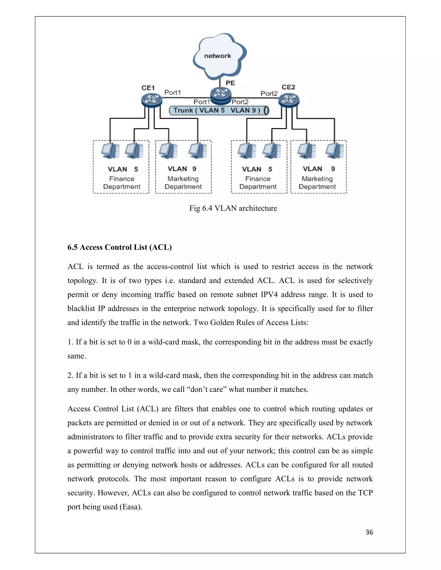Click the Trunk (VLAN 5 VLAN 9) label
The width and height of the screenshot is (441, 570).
coord(217,110)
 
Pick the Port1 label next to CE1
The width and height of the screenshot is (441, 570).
coord(172,92)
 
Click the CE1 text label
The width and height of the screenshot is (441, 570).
coord(148,88)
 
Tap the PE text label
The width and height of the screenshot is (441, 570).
coord(230,83)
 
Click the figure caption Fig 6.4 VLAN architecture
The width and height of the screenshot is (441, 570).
coord(233,208)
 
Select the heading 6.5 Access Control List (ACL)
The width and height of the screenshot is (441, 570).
coord(119,247)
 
